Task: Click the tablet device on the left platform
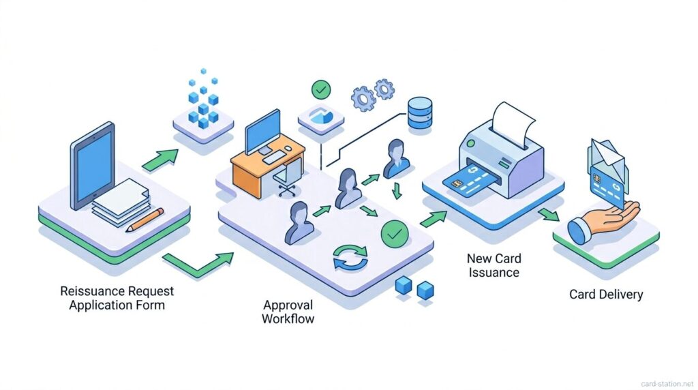[x=93, y=167]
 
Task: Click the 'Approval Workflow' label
[x=288, y=311]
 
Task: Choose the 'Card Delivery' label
[x=606, y=295]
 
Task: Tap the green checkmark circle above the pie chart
[x=320, y=89]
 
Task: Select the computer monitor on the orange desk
[x=262, y=132]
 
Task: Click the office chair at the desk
[x=286, y=179]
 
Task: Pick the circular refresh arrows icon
[x=350, y=260]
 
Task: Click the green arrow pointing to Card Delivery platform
[x=547, y=215]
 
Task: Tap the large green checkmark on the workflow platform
[x=393, y=234]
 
